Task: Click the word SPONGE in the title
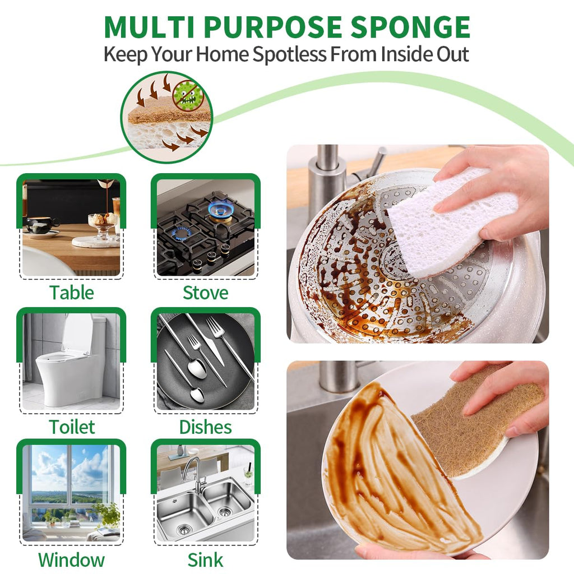tap(410, 27)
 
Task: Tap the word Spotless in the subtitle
tap(289, 54)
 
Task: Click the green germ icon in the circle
tap(187, 95)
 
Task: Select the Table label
tap(72, 293)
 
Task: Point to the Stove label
tap(205, 293)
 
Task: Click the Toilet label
tap(72, 427)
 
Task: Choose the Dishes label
tap(205, 427)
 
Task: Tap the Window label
tap(71, 560)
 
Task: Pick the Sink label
tap(205, 560)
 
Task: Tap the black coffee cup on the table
tap(40, 224)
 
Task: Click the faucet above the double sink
tap(194, 472)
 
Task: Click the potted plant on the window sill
tap(107, 515)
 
